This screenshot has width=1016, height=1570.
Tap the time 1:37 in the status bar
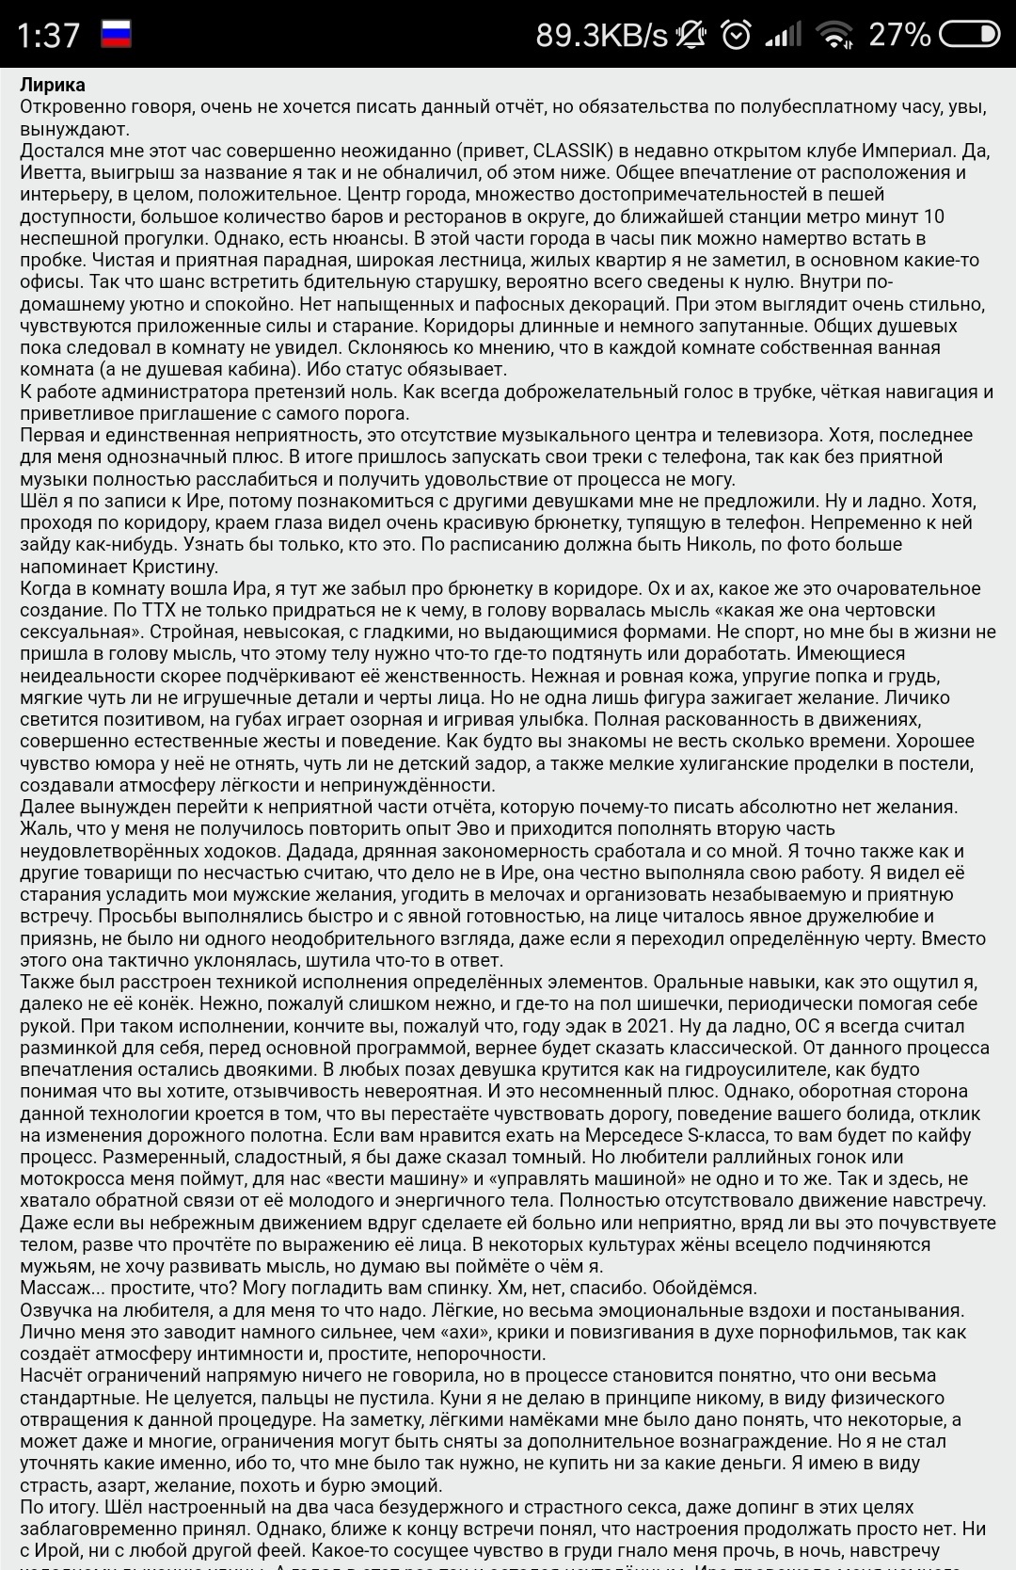tap(48, 35)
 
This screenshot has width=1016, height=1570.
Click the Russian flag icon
tap(116, 34)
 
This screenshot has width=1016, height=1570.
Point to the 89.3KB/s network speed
tap(601, 35)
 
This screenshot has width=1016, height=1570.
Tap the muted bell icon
tap(691, 35)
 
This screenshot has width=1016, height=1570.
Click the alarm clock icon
tap(736, 35)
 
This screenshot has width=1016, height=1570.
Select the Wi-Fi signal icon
tap(833, 35)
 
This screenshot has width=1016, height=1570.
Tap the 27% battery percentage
tap(899, 35)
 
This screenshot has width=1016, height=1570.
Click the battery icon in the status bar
tap(969, 35)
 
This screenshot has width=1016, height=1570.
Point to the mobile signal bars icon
tap(783, 36)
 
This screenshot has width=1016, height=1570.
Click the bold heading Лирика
tap(53, 86)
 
